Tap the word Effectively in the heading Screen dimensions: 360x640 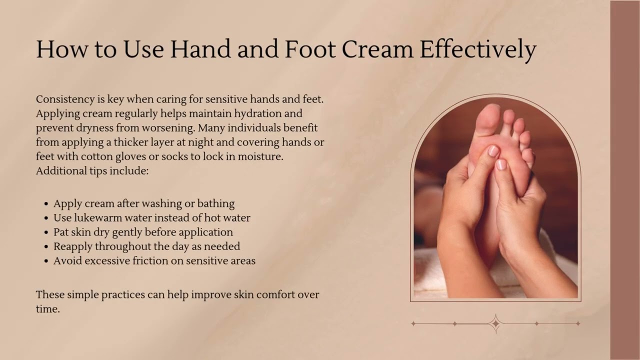coord(478,50)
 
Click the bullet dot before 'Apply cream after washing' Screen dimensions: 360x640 coord(46,204)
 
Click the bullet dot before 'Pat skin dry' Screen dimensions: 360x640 coord(46,233)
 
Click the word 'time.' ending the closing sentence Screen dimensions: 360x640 coord(47,309)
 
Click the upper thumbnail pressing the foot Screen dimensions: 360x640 coord(493,150)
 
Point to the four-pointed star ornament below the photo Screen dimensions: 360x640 coord(495,323)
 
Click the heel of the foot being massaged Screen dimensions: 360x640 coord(487,240)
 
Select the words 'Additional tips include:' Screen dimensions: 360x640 coord(92,171)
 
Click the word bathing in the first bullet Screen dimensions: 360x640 coord(215,204)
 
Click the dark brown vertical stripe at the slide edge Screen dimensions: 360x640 coord(625,180)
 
